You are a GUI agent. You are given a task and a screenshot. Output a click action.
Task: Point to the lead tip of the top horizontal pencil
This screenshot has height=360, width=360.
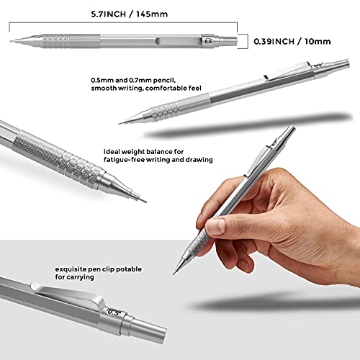[14, 42]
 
